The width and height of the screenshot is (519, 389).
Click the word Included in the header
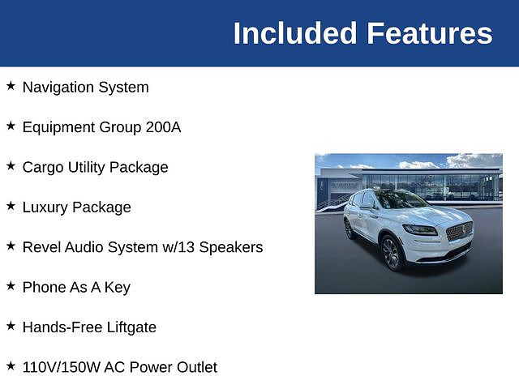point(295,33)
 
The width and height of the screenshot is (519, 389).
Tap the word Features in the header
point(430,33)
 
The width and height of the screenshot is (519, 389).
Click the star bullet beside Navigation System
point(11,86)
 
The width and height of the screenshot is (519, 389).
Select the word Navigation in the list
point(58,88)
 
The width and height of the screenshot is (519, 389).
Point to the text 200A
point(163,127)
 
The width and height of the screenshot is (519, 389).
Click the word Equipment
point(59,128)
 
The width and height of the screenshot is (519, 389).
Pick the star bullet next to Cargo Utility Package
point(11,165)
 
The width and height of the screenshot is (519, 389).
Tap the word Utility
point(87,168)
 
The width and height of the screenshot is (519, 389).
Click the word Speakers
point(231,247)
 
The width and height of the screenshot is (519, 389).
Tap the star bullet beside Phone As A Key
point(11,286)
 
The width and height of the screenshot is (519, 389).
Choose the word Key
point(118,288)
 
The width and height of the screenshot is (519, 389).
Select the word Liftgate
point(131,327)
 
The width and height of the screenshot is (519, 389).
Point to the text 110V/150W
point(61,367)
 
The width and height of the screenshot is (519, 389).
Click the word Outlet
point(196,367)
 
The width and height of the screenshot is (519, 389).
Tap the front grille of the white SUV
point(460,231)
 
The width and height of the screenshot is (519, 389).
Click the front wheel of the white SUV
point(392,253)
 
